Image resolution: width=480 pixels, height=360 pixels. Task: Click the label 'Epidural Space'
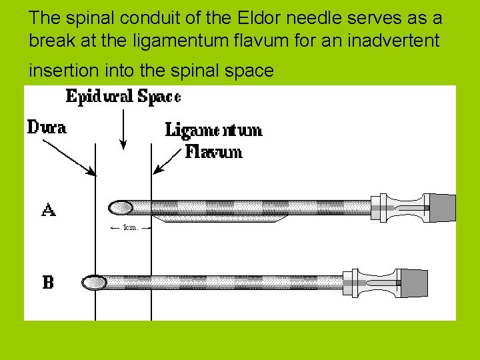(x=123, y=97)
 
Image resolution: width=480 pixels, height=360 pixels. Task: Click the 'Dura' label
(x=47, y=127)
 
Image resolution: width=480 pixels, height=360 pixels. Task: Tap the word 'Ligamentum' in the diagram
(x=213, y=130)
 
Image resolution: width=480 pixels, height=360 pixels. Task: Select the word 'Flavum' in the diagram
(x=213, y=152)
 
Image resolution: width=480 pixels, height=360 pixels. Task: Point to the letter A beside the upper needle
(x=49, y=211)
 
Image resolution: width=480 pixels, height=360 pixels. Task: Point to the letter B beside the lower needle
(x=48, y=283)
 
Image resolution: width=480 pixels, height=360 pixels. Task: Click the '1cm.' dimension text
(x=130, y=227)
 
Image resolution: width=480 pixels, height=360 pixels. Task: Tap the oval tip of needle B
(x=94, y=283)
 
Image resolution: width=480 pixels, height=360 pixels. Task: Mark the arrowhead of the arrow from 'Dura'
(x=93, y=173)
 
